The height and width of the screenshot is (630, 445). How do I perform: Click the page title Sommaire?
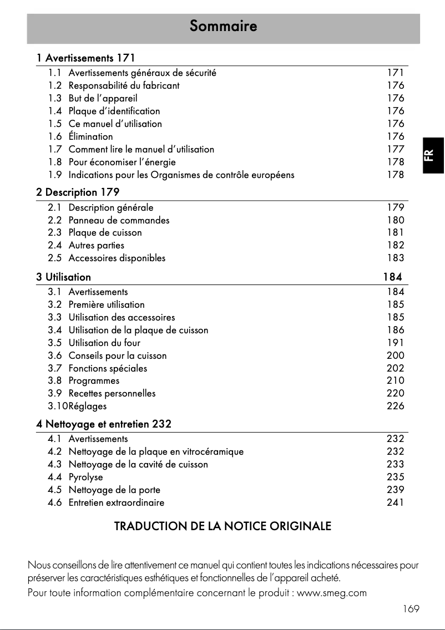point(223,26)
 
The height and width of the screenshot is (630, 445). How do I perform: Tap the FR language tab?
point(433,155)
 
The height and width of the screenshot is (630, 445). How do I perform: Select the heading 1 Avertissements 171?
point(85,58)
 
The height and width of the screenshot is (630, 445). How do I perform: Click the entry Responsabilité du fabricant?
point(124,86)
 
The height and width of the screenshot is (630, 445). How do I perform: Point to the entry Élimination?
point(90,136)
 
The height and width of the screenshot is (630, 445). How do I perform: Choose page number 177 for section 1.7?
point(395,149)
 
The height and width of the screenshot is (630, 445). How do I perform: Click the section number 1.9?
point(54,175)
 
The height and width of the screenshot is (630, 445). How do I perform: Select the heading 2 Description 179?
point(78,192)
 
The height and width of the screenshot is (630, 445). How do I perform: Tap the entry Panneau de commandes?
point(119,220)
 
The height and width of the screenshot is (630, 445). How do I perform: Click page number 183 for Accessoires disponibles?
point(395,258)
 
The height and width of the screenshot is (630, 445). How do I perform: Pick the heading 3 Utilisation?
point(64,277)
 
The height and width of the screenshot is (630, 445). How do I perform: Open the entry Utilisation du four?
point(104,343)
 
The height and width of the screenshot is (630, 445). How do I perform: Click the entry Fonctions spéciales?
point(108,368)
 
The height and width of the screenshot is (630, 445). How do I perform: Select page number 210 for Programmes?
point(395,381)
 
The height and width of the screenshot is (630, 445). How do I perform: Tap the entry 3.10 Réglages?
point(77,406)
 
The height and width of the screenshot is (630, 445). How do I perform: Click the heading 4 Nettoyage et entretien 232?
point(104,424)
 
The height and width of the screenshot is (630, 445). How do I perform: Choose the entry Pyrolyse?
point(85,477)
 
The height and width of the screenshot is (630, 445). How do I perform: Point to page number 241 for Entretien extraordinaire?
point(395,502)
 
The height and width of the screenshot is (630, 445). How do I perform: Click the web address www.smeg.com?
point(332,593)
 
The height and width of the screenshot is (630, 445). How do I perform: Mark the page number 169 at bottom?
point(411,609)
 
